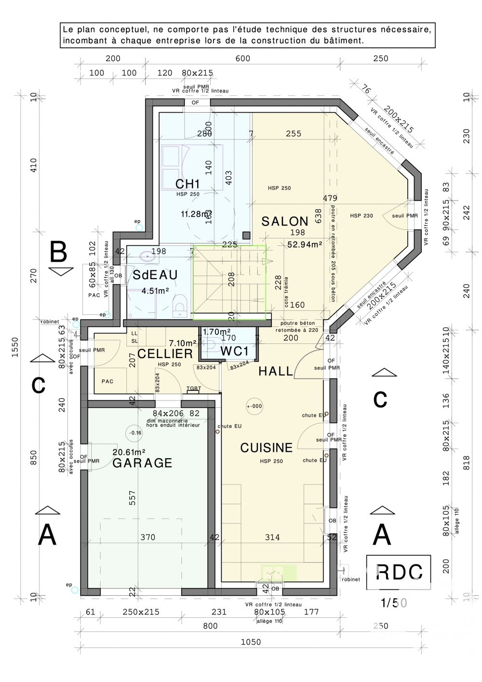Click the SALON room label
[x=284, y=222]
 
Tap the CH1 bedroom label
[x=187, y=184]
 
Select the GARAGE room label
[x=142, y=463]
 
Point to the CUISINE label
[x=266, y=448]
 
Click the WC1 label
[x=235, y=351]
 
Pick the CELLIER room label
[x=165, y=354]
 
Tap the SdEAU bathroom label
[x=155, y=275]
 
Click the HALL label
[x=276, y=371]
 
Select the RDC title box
[x=399, y=572]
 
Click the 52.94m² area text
[x=305, y=244]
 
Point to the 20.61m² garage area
[x=129, y=452]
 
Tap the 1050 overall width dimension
[x=250, y=642]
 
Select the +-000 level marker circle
[x=254, y=406]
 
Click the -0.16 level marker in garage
[x=135, y=433]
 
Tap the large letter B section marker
[x=59, y=252]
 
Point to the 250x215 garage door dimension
[x=140, y=612]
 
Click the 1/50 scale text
[x=394, y=602]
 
